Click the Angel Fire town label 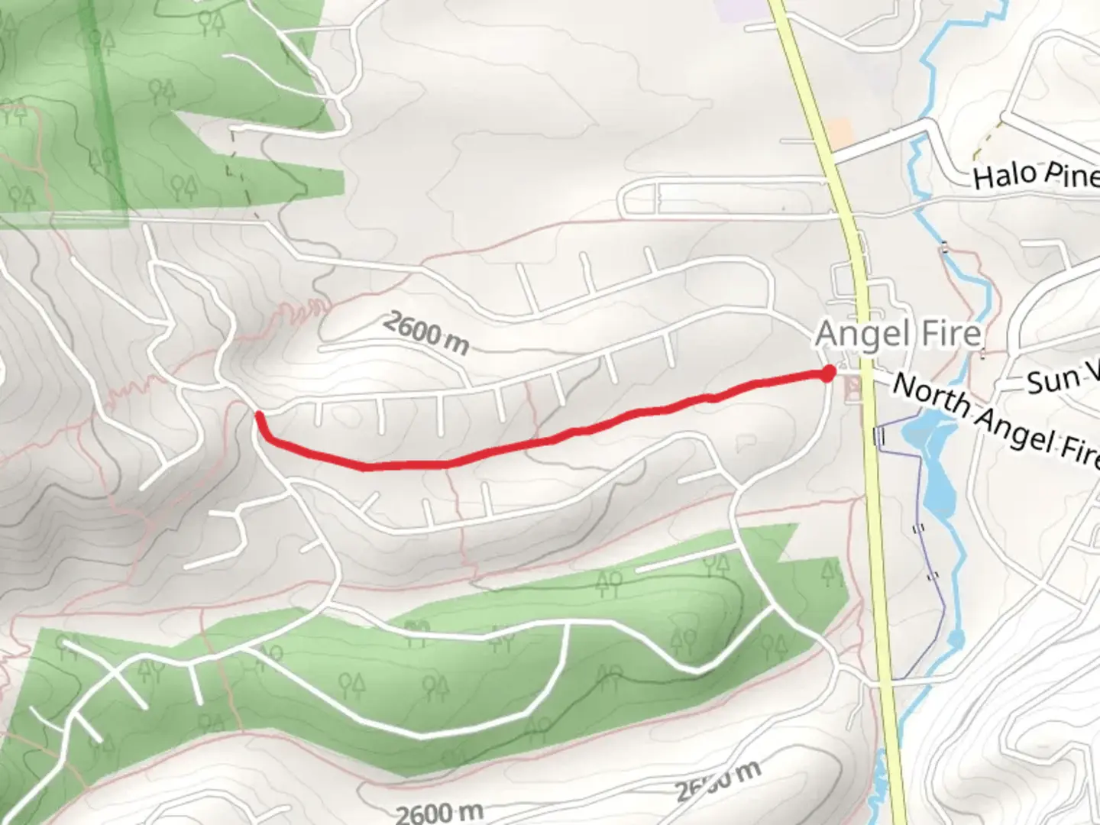tap(898, 334)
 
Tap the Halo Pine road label tap(1036, 175)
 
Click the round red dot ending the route tap(827, 374)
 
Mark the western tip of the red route tap(259, 415)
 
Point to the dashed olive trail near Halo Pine tap(985, 135)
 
